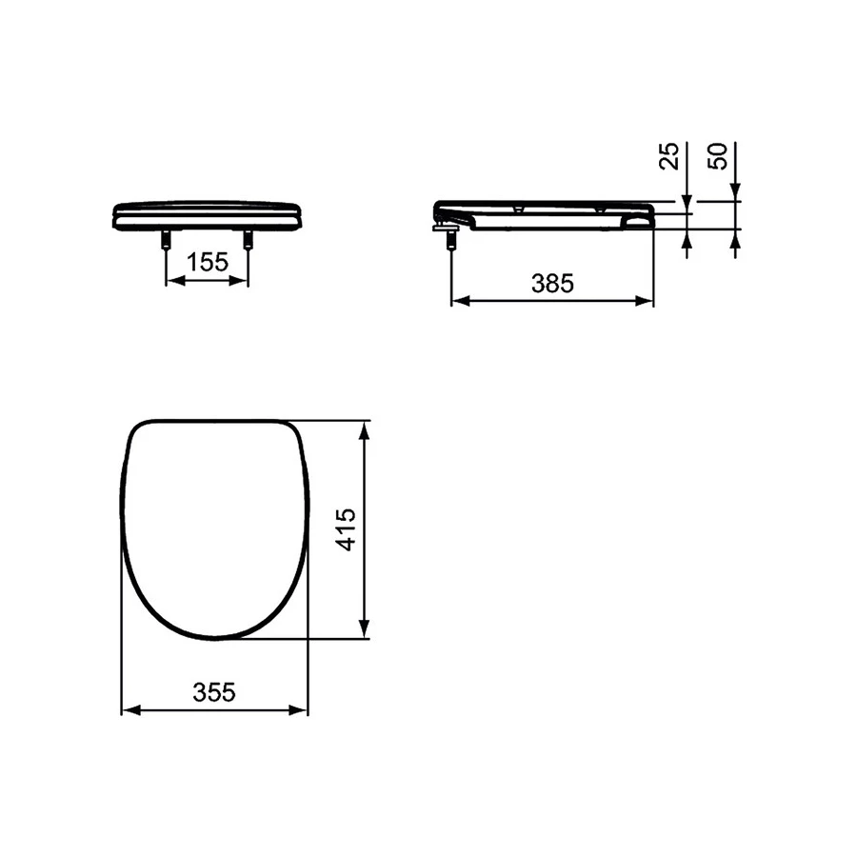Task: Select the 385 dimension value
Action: tap(552, 284)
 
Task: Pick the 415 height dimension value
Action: tap(346, 529)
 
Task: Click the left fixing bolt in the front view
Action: tap(167, 242)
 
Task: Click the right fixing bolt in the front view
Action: tap(249, 242)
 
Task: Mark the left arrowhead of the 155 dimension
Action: tap(172, 282)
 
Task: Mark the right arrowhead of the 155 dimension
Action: tap(243, 282)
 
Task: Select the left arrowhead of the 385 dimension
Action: tap(456, 301)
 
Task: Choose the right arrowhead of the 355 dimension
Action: tap(303, 710)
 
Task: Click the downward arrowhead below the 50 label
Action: tap(736, 194)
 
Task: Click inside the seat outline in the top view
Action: tap(215, 524)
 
